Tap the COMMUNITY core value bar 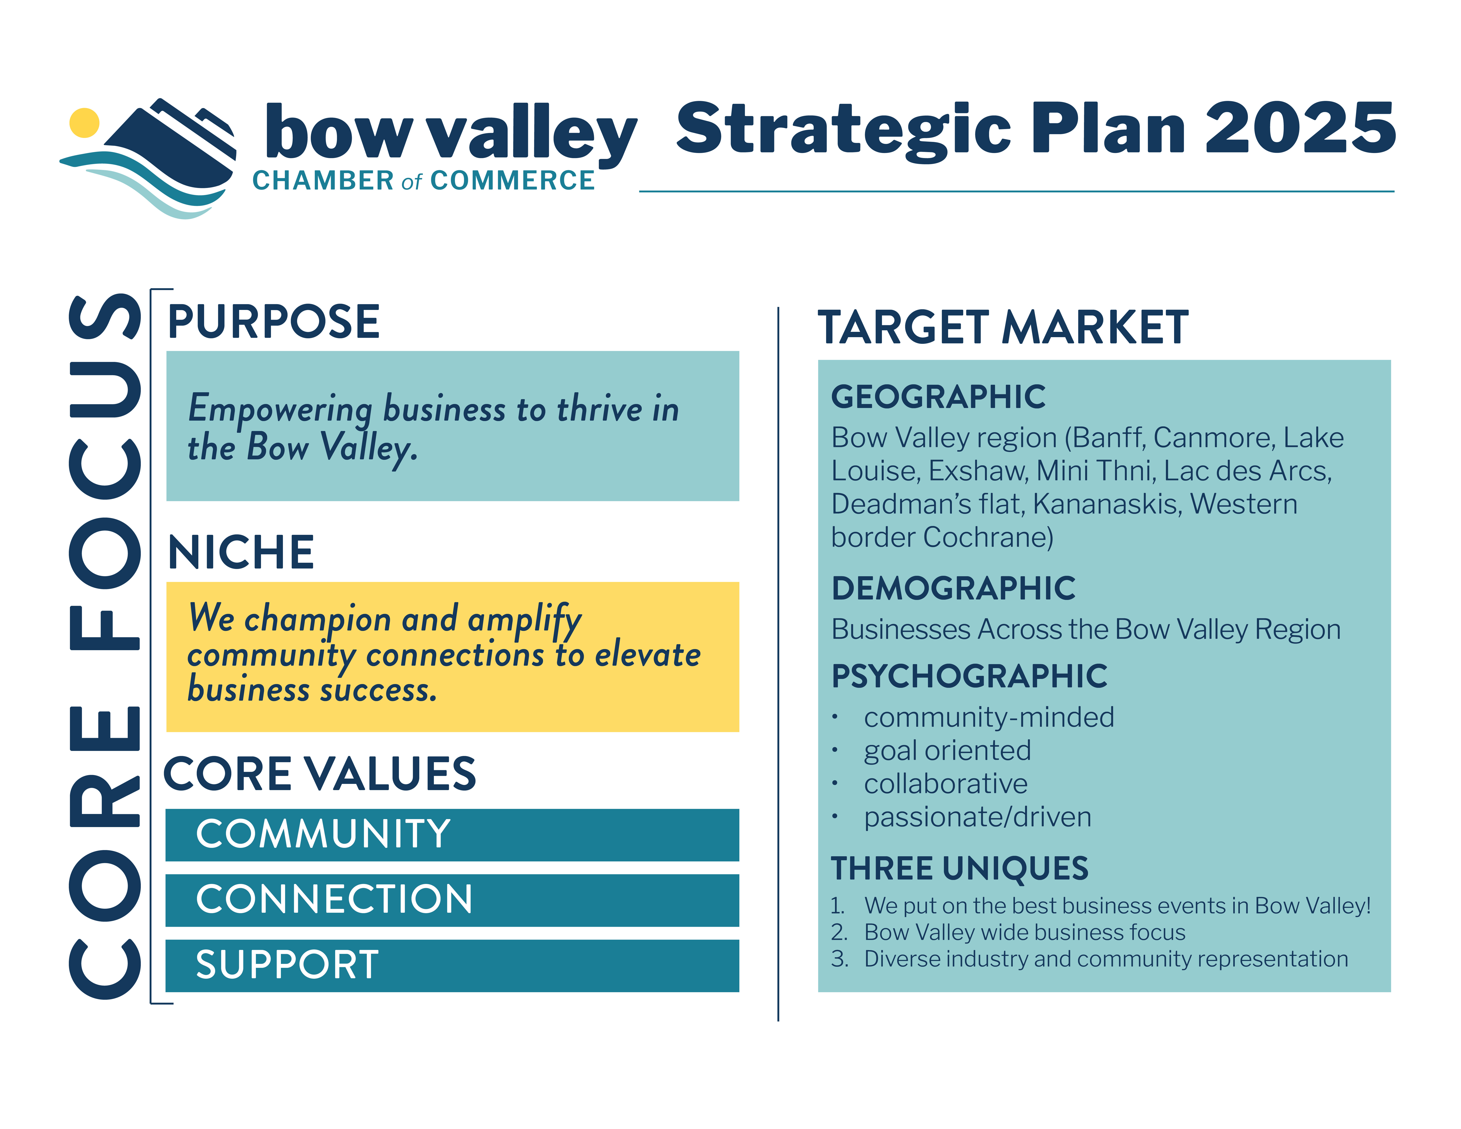pos(452,835)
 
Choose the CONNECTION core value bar pos(452,900)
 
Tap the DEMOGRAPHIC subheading pos(953,589)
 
